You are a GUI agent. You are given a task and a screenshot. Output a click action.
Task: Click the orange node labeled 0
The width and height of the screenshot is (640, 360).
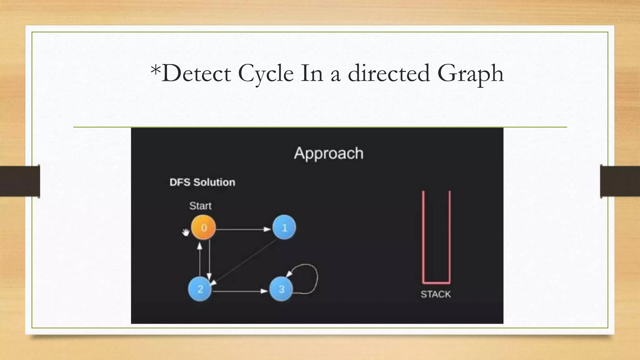point(203,227)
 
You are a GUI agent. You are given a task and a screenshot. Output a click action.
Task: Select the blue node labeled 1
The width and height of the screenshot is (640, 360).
point(284,227)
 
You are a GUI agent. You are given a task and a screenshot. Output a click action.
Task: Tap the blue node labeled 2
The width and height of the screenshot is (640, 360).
point(200,289)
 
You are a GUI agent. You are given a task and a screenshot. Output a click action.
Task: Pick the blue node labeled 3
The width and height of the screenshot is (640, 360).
point(281,289)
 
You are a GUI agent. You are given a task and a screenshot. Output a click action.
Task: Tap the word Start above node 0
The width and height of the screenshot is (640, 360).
point(200,206)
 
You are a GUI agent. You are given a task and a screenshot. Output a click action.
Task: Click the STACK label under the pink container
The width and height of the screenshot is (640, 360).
point(436,294)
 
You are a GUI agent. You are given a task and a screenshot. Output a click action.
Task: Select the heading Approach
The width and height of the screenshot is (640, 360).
point(328,153)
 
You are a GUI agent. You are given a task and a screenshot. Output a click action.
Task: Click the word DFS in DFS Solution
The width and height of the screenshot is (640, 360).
point(180,182)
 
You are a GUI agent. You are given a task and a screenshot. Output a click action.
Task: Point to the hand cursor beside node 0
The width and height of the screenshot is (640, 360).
point(186,232)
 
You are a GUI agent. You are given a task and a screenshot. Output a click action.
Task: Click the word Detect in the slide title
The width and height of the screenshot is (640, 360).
point(196,73)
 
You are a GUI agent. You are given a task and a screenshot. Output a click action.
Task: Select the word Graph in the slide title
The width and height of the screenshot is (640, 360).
point(470,73)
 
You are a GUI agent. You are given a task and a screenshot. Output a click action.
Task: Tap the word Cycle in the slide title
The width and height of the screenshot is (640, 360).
point(266,73)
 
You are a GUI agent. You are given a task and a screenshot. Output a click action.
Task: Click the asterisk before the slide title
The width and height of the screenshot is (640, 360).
point(155,69)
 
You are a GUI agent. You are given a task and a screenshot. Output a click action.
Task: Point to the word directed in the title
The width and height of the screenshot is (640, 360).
point(389,73)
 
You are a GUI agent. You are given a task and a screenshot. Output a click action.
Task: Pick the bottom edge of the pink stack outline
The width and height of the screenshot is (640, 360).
point(436,282)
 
